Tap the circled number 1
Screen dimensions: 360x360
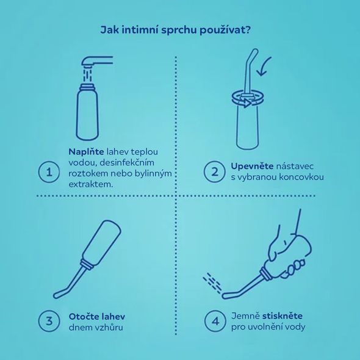click(x=48, y=171)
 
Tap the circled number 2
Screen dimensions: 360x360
click(x=214, y=171)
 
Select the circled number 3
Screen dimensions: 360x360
click(x=48, y=320)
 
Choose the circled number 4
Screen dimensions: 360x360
click(x=214, y=320)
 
